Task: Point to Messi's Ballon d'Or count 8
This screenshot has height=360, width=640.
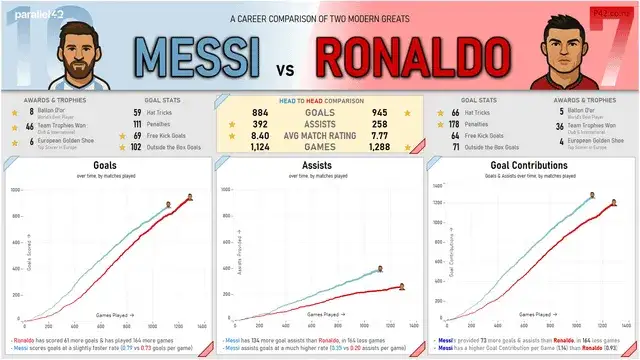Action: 19,112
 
